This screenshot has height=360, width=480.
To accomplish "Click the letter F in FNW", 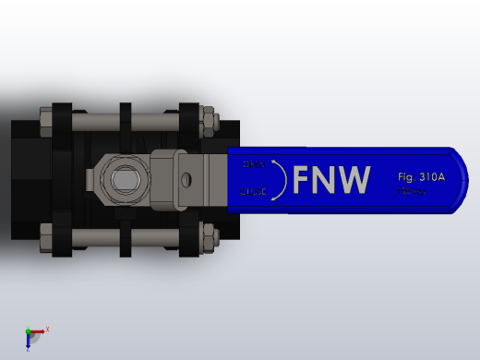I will (304, 180).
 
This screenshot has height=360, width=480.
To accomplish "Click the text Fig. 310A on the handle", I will (421, 175).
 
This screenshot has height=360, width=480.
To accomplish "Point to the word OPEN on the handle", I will (254, 163).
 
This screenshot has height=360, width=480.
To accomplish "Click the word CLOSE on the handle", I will (254, 192).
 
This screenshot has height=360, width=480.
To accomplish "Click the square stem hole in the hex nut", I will (122, 175).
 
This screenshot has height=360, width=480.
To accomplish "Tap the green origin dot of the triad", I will (29, 331).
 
